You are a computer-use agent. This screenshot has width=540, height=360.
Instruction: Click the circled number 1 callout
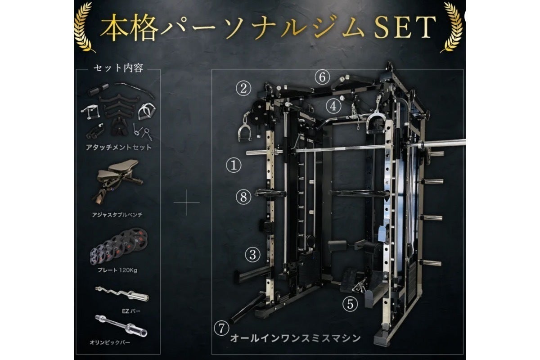pyautogui.click(x=234, y=165)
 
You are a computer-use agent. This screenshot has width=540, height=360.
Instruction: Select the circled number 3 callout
pyautogui.click(x=252, y=255)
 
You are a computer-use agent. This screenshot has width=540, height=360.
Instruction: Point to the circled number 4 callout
pyautogui.click(x=333, y=106)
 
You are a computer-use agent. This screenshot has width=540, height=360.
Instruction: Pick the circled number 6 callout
pyautogui.click(x=322, y=77)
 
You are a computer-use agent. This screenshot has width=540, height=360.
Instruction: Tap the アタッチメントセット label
pyautogui.click(x=119, y=147)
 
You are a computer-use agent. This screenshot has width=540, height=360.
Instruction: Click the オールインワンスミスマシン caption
pyautogui.click(x=295, y=338)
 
